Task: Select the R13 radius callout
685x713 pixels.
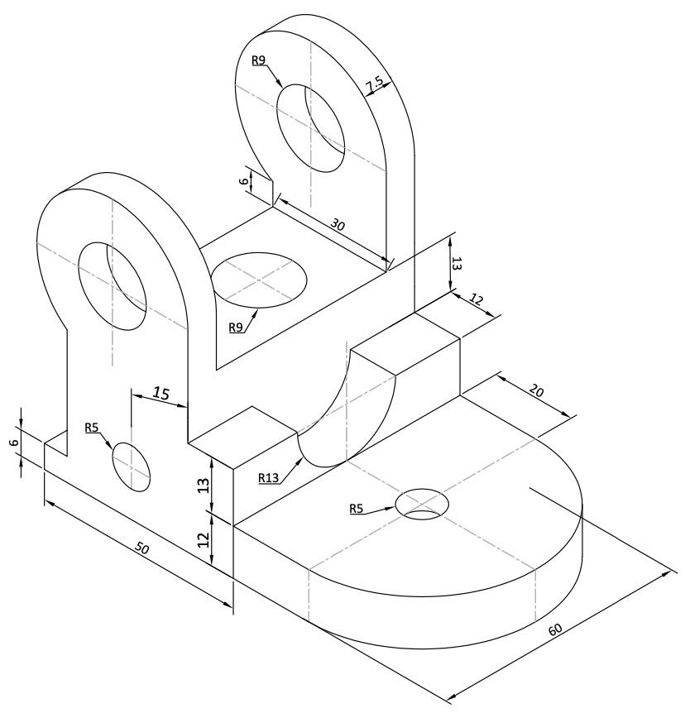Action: coord(269,477)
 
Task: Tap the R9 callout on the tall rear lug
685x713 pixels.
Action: coord(259,60)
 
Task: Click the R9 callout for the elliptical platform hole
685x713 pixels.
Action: coord(237,328)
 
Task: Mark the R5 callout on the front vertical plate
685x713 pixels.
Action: coord(92,428)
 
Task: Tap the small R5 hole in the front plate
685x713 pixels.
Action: coord(131,464)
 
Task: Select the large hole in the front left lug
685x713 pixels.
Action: coord(112,286)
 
